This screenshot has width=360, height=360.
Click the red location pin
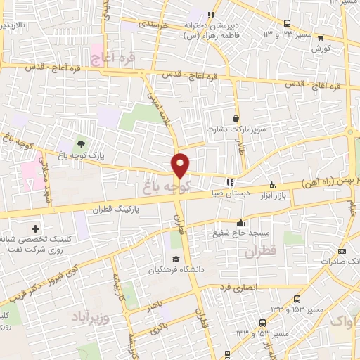point(181,165)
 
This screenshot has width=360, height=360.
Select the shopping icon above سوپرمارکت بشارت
point(236,119)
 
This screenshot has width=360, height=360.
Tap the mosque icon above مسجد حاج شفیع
point(240,221)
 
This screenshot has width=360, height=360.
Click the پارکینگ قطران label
point(115,208)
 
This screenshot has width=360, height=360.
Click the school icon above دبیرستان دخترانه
point(211,15)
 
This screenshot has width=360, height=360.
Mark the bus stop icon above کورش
point(321,38)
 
